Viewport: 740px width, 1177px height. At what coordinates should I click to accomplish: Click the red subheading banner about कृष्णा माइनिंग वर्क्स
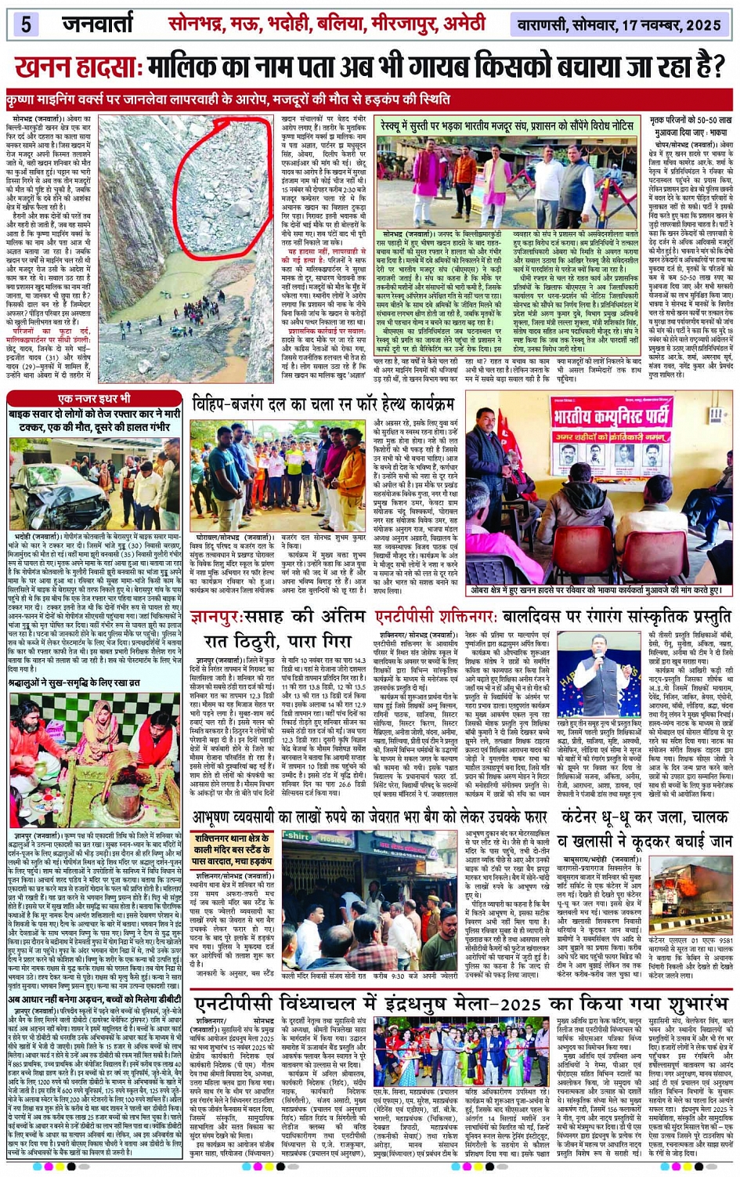click(227, 100)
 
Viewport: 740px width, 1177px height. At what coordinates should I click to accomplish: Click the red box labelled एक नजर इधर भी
click(94, 399)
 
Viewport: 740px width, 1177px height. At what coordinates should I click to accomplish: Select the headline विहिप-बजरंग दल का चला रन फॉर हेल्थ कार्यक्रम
click(323, 405)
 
